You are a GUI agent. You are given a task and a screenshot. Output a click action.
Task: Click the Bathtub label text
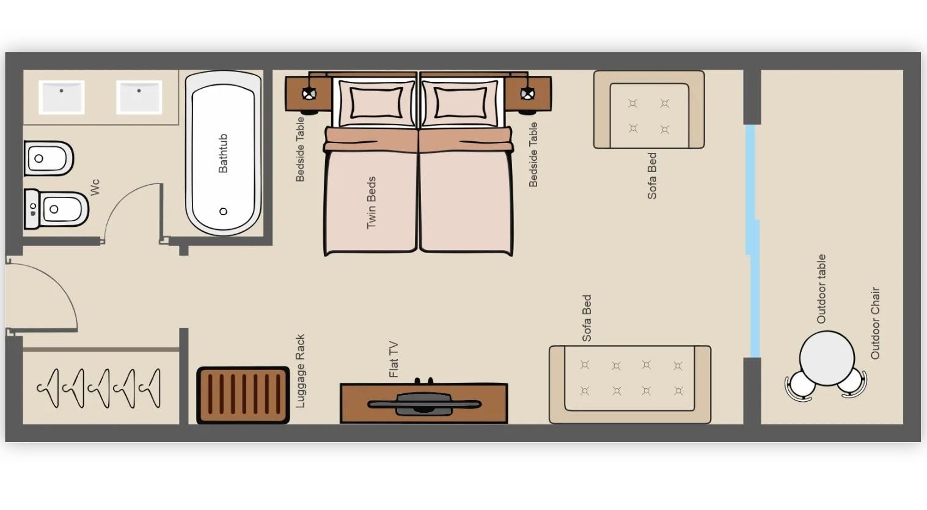(222, 153)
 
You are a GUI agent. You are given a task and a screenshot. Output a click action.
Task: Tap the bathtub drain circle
(223, 212)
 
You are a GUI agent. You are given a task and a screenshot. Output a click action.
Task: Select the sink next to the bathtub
(139, 97)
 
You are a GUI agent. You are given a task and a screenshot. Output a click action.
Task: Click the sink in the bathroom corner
(61, 97)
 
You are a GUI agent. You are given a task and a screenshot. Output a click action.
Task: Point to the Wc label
(95, 187)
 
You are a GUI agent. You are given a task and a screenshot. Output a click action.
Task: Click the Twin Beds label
(371, 202)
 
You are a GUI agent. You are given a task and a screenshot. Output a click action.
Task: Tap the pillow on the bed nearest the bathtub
(376, 102)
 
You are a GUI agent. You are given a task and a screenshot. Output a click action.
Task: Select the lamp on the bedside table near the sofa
(527, 94)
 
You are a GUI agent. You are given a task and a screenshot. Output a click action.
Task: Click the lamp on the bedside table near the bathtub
(309, 94)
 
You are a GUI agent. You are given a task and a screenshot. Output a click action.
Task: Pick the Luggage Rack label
(300, 371)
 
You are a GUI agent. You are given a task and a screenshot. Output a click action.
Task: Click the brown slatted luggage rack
(243, 395)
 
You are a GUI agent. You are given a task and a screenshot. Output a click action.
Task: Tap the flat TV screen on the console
(423, 404)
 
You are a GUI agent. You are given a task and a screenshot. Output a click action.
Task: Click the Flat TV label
(394, 359)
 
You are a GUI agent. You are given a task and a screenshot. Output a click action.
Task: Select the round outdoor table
(827, 358)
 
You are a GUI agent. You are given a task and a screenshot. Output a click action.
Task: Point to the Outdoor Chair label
(875, 323)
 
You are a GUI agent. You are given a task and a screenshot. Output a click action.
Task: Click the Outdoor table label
(821, 289)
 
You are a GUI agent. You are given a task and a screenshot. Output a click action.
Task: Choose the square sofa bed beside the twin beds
(649, 109)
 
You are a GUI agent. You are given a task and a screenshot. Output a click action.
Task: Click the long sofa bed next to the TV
(630, 385)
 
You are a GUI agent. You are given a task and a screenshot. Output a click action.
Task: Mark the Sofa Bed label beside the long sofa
(587, 318)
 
